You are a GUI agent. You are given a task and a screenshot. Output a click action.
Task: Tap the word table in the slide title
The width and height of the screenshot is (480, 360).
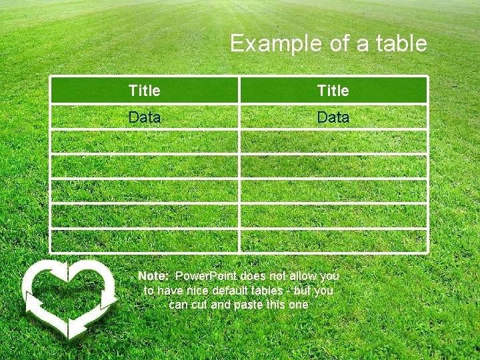point(401,44)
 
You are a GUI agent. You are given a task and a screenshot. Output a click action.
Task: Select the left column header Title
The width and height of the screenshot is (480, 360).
point(144,90)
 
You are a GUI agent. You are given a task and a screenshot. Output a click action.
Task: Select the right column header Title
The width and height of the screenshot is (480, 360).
point(333,90)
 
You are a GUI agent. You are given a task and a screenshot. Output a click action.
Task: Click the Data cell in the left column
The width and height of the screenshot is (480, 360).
point(144,117)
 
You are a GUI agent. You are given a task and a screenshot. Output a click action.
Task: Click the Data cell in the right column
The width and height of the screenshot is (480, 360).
point(333,117)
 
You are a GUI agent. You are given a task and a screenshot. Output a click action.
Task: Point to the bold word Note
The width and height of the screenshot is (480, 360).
point(153,276)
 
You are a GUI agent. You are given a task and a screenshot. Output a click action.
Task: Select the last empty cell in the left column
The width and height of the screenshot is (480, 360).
point(144,241)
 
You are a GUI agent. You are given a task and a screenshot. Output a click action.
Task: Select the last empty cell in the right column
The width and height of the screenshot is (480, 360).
point(333,241)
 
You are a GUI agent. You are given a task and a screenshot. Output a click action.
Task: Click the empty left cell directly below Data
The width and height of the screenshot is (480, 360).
point(144,142)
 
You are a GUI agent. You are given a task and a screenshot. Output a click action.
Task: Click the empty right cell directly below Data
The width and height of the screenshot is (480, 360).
point(333,142)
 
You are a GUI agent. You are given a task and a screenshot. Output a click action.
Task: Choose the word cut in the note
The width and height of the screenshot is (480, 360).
point(199,305)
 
